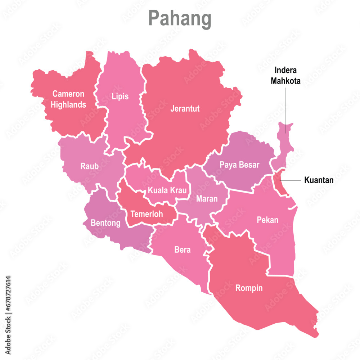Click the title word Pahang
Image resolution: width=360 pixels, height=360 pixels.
[x=180, y=19]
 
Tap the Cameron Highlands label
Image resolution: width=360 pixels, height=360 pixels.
[x=68, y=99]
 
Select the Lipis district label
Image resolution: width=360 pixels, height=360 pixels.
[x=120, y=96]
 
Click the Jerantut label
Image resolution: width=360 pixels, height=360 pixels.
[x=185, y=108]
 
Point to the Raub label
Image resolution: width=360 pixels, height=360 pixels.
[x=89, y=166]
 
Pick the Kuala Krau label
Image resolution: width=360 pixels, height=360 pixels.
[x=167, y=190]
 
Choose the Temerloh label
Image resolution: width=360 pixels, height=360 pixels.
[x=147, y=214]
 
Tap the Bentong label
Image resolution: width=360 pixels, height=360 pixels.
[x=105, y=223]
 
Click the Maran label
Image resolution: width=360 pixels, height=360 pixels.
[x=207, y=198]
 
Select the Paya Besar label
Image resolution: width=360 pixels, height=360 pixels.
[x=239, y=165]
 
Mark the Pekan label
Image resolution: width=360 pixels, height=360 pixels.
[x=267, y=220]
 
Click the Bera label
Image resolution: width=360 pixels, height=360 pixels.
[x=183, y=249]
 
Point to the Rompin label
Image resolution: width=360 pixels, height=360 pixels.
[x=249, y=288]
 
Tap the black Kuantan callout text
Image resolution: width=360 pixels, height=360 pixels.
[x=319, y=180]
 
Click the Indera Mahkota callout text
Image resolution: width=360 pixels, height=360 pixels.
[x=285, y=76]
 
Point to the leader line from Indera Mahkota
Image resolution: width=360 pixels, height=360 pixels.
[x=286, y=108]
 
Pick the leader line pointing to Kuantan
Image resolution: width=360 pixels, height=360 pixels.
[x=292, y=180]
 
